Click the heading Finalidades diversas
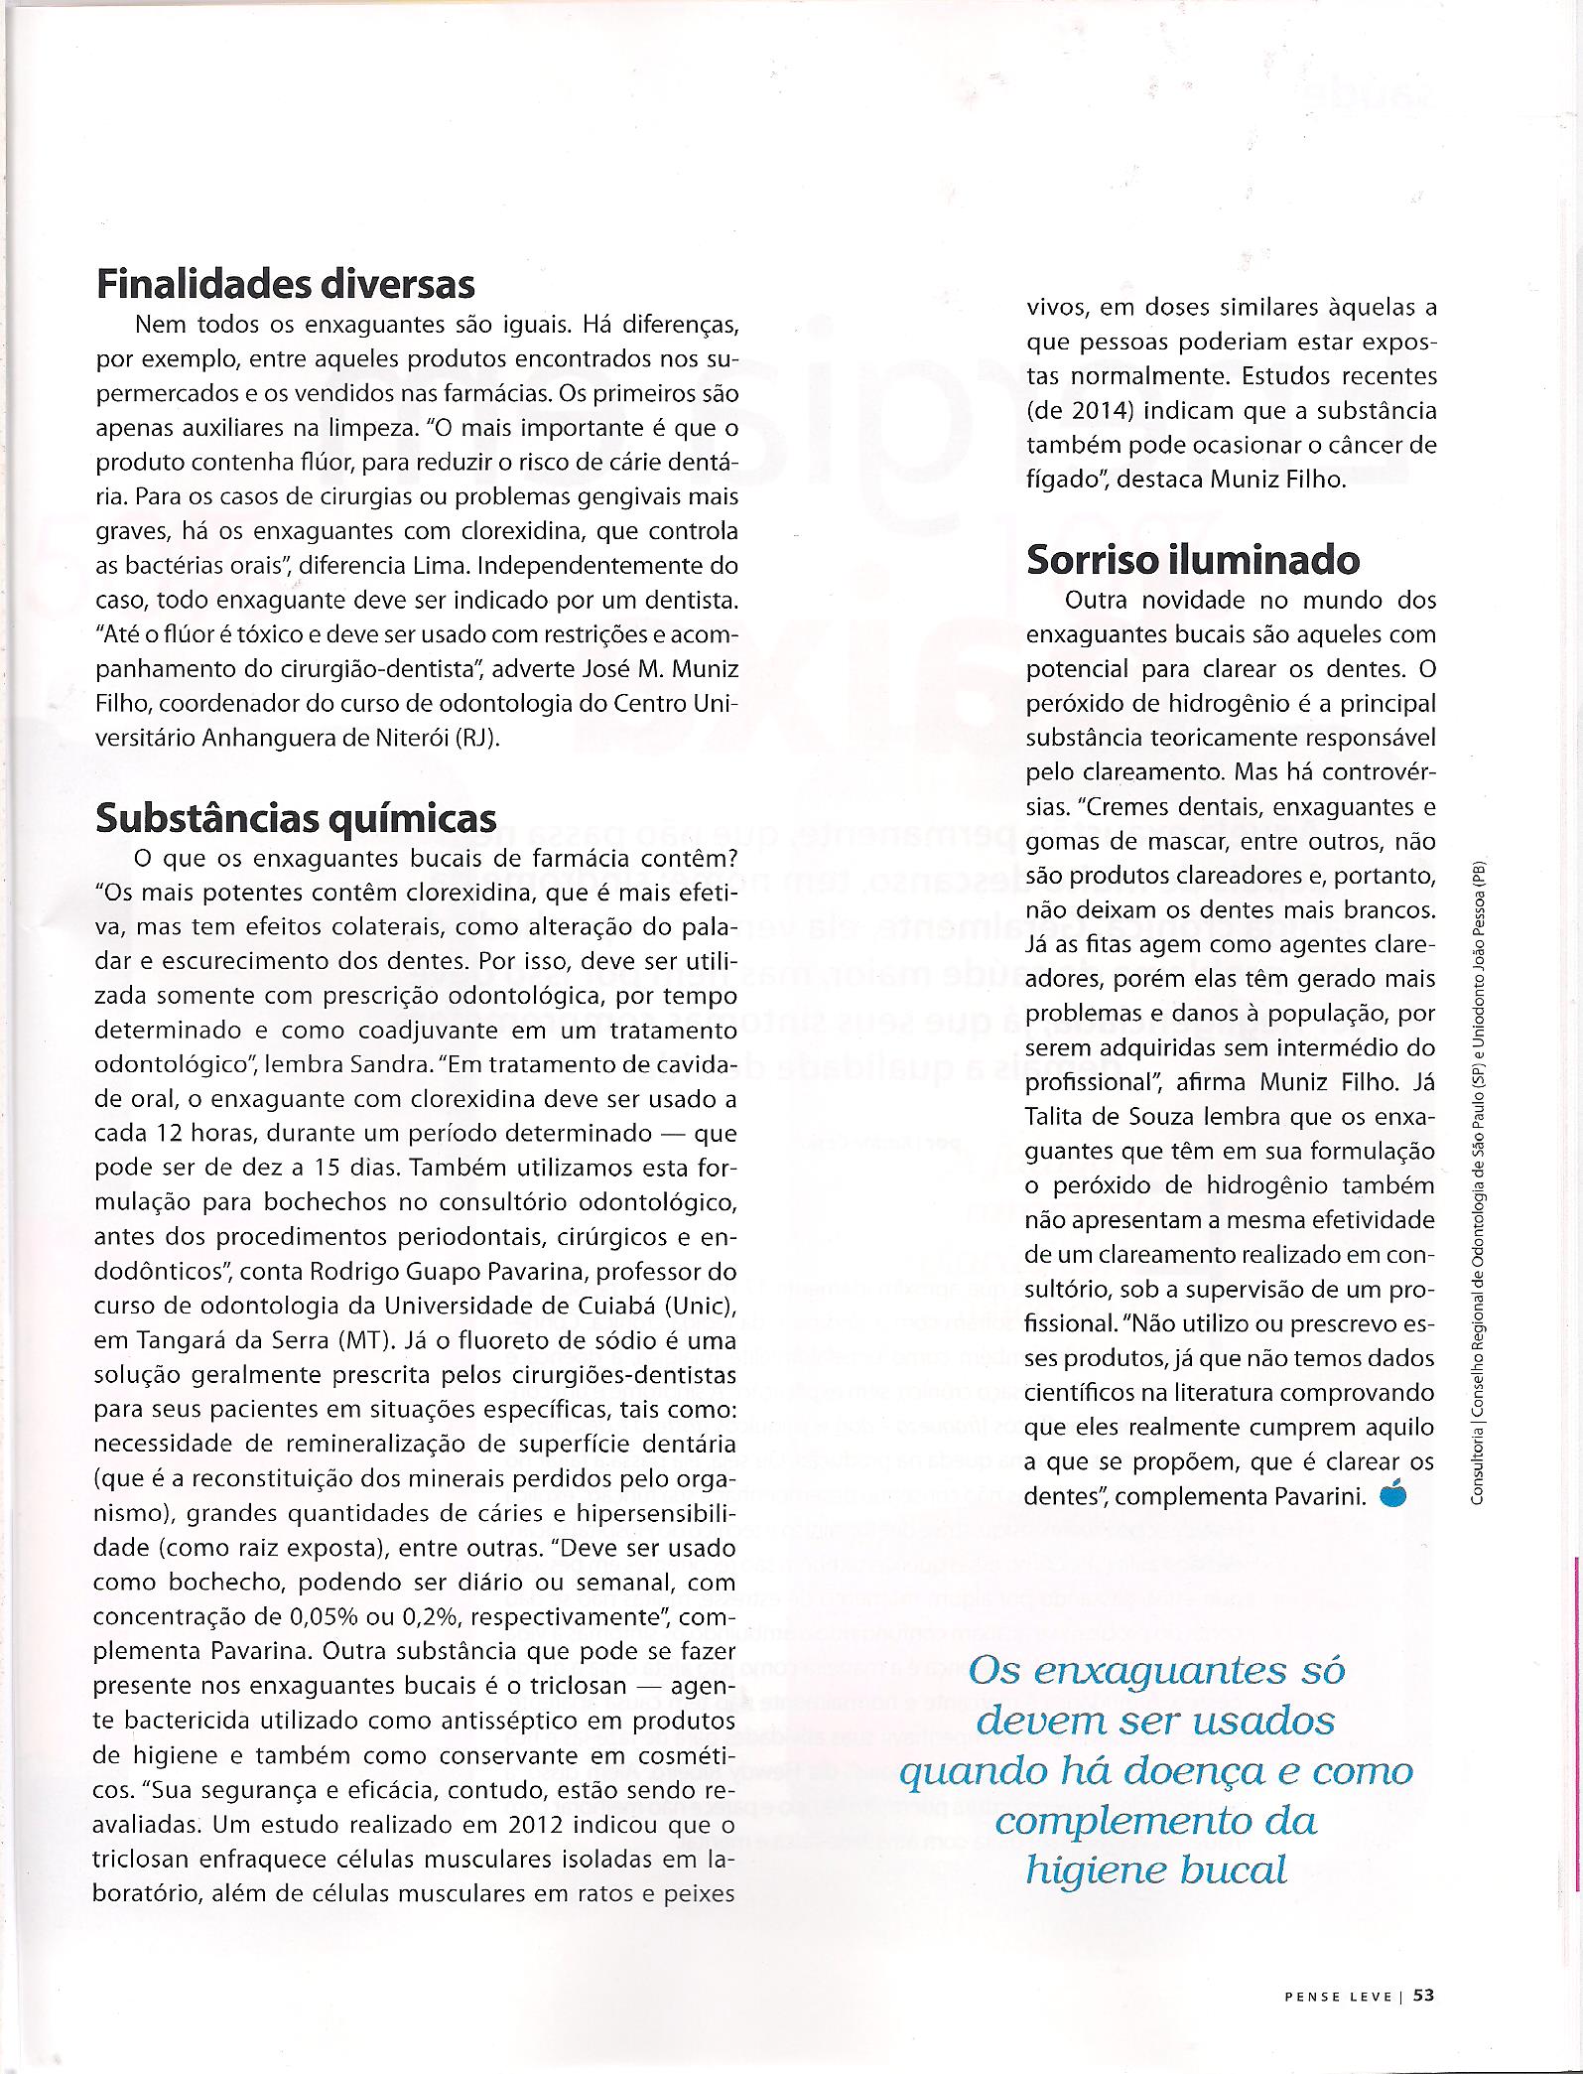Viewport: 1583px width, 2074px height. coord(286,284)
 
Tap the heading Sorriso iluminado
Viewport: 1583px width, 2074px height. coord(1193,560)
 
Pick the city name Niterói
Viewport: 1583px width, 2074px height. coord(416,739)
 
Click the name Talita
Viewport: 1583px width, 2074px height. coord(1058,1116)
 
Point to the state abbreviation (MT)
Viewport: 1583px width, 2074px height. coord(370,1338)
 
